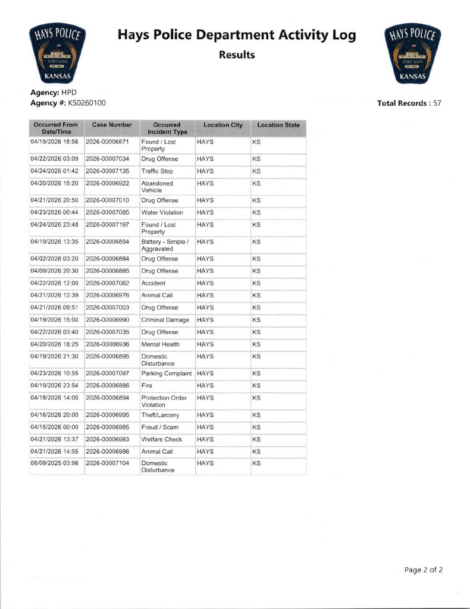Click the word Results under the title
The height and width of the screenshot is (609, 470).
point(237,55)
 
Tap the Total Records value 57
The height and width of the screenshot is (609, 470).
point(437,103)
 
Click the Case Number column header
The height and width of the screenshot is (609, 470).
point(112,125)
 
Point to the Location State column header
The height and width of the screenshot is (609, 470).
point(278,125)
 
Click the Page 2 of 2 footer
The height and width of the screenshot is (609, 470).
point(423,570)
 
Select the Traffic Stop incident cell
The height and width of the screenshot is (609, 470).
point(157,171)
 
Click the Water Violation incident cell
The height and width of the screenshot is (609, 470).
point(162,212)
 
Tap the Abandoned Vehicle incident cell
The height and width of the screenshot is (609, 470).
point(157,187)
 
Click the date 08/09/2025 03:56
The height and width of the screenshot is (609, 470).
point(54,463)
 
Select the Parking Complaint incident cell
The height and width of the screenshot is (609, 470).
point(166,373)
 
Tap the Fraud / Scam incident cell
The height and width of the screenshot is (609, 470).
point(159,427)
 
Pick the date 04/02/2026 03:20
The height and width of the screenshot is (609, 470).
point(54,259)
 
